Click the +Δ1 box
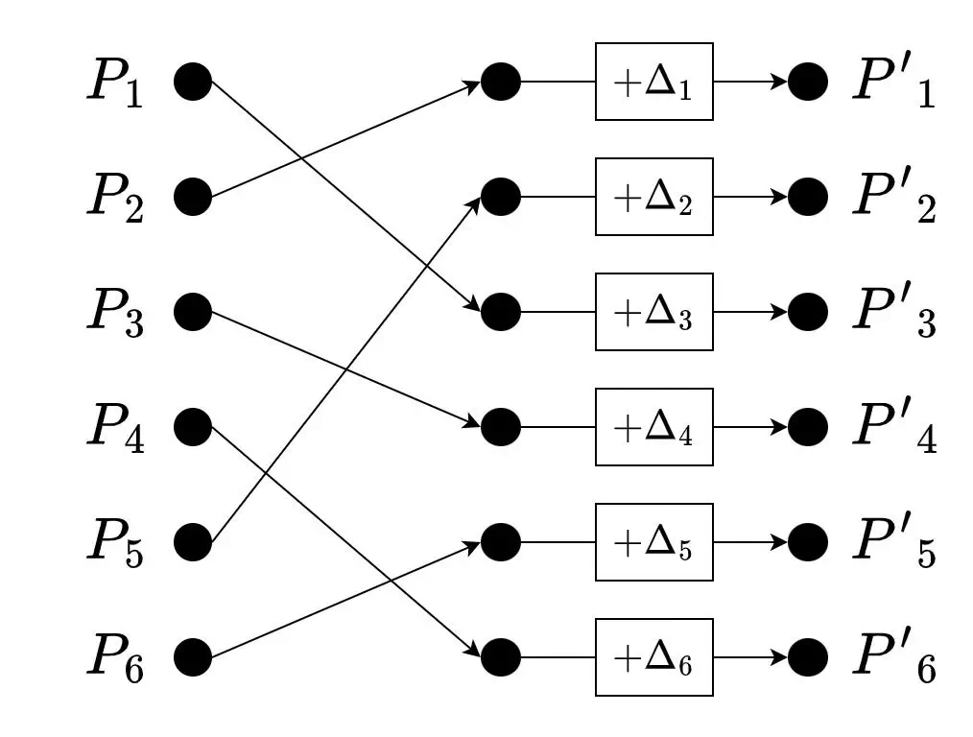pos(653,82)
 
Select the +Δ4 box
pos(653,427)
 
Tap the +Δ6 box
pos(653,657)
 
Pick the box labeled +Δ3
pos(653,312)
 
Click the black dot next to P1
pos(193,82)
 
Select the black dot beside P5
pos(193,542)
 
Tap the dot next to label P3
pos(193,312)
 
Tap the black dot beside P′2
pos(808,197)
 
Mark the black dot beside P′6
pos(808,657)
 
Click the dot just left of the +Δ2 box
pos(500,197)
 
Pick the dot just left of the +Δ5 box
pos(500,542)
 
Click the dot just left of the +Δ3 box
pos(500,312)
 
